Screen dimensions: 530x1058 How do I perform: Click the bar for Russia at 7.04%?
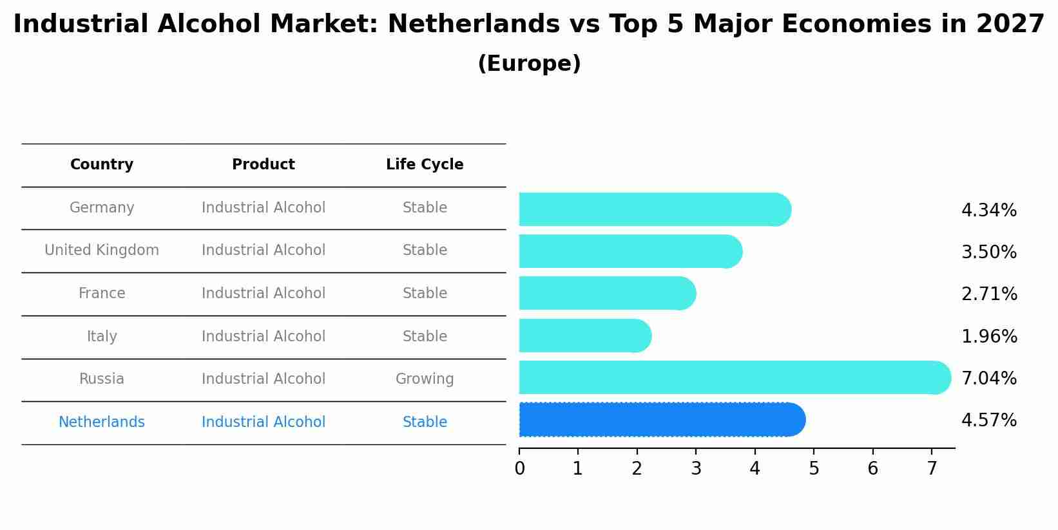tap(735, 377)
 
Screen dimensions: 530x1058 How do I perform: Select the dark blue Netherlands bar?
tap(662, 420)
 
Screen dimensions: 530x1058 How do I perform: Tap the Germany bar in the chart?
tap(655, 209)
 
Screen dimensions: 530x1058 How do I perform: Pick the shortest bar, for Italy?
tap(585, 336)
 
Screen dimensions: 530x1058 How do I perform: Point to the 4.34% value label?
tap(988, 211)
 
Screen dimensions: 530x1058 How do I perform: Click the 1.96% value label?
tap(988, 337)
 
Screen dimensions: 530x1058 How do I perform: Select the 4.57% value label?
tap(988, 421)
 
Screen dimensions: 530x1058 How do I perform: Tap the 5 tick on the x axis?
tap(814, 469)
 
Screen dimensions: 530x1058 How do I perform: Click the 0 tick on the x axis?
tap(519, 469)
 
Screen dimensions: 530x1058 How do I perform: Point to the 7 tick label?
tap(932, 469)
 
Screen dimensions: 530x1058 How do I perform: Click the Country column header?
tap(102, 165)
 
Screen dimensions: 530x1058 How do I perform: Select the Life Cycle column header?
tap(425, 165)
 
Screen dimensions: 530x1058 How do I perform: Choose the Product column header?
tap(264, 165)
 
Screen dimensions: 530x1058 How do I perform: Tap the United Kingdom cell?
tap(102, 251)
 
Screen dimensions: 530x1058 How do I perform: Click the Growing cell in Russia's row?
tap(425, 379)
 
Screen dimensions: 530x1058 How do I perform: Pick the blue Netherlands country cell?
tap(102, 422)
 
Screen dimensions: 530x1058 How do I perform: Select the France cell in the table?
tap(102, 294)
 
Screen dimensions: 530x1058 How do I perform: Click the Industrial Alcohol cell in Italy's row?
tap(264, 337)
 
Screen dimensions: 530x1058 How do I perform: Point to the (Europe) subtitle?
tap(529, 64)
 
